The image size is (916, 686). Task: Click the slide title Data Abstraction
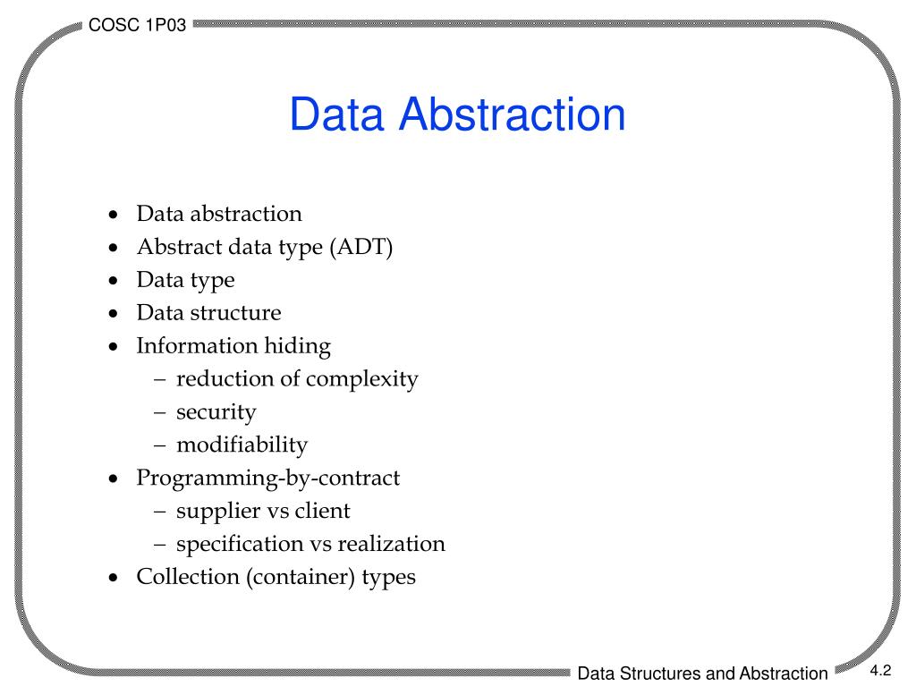(x=457, y=115)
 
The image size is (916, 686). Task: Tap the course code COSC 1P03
(x=138, y=26)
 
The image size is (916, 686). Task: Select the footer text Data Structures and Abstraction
(x=702, y=673)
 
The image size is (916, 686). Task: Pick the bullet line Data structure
(x=208, y=313)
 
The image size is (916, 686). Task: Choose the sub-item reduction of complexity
(x=297, y=379)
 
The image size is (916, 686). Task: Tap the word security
(x=216, y=412)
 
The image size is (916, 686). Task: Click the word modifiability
(x=242, y=445)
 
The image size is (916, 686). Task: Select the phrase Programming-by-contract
(x=267, y=479)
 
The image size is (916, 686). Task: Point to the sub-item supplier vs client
(x=263, y=512)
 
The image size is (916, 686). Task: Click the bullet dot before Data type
(x=112, y=281)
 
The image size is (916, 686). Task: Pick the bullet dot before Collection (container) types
(x=112, y=578)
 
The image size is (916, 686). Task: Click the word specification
(x=240, y=544)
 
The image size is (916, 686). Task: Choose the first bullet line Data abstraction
(x=219, y=214)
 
